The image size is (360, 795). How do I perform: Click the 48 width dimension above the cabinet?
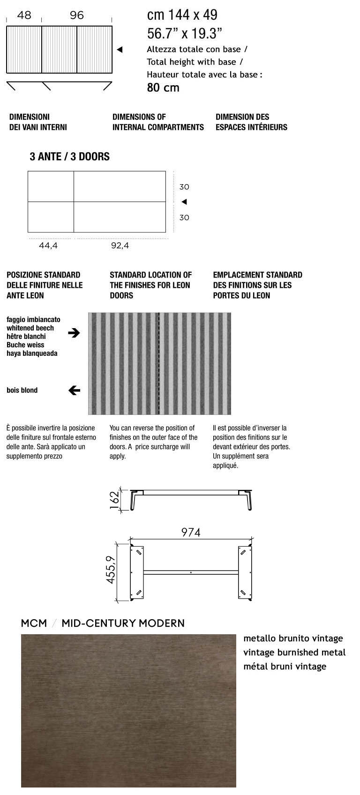point(24,15)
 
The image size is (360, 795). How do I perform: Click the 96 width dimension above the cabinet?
point(77,15)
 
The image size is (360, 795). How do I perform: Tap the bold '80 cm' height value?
point(163,87)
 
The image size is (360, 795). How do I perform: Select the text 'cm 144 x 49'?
point(182,15)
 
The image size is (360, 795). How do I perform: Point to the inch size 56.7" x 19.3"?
point(184,33)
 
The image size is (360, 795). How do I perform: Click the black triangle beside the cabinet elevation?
point(120,50)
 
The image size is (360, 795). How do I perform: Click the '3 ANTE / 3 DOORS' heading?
point(69,157)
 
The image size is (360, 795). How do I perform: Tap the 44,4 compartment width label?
point(48,246)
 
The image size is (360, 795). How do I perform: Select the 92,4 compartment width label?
point(120,246)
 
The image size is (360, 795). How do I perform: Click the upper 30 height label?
point(184,187)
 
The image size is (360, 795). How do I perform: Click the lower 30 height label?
point(184,217)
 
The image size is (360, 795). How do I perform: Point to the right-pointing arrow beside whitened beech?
point(74,333)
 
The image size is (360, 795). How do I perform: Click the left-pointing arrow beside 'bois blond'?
point(74,390)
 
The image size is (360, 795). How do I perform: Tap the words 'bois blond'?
point(22,390)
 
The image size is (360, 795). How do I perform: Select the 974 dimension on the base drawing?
point(191,532)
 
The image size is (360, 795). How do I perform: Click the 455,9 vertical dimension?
point(111,570)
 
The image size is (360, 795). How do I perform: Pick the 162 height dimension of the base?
point(114,501)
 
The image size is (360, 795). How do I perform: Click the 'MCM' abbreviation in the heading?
point(34,623)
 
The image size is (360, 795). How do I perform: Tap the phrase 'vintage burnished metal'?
point(294,652)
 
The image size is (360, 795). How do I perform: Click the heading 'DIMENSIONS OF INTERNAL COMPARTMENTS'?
point(158,122)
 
